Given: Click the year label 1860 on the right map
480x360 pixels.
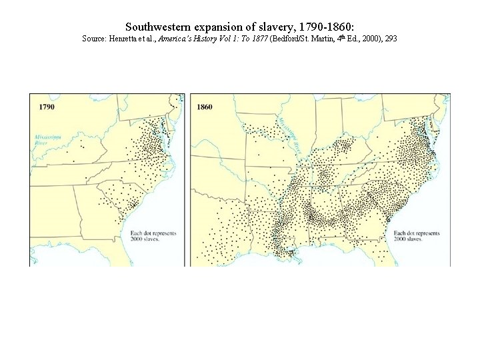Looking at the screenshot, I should (205, 106).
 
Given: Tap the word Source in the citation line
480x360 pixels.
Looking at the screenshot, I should (93, 39).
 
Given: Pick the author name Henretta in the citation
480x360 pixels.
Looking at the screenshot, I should (124, 39).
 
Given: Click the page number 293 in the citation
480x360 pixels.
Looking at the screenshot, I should (391, 39).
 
